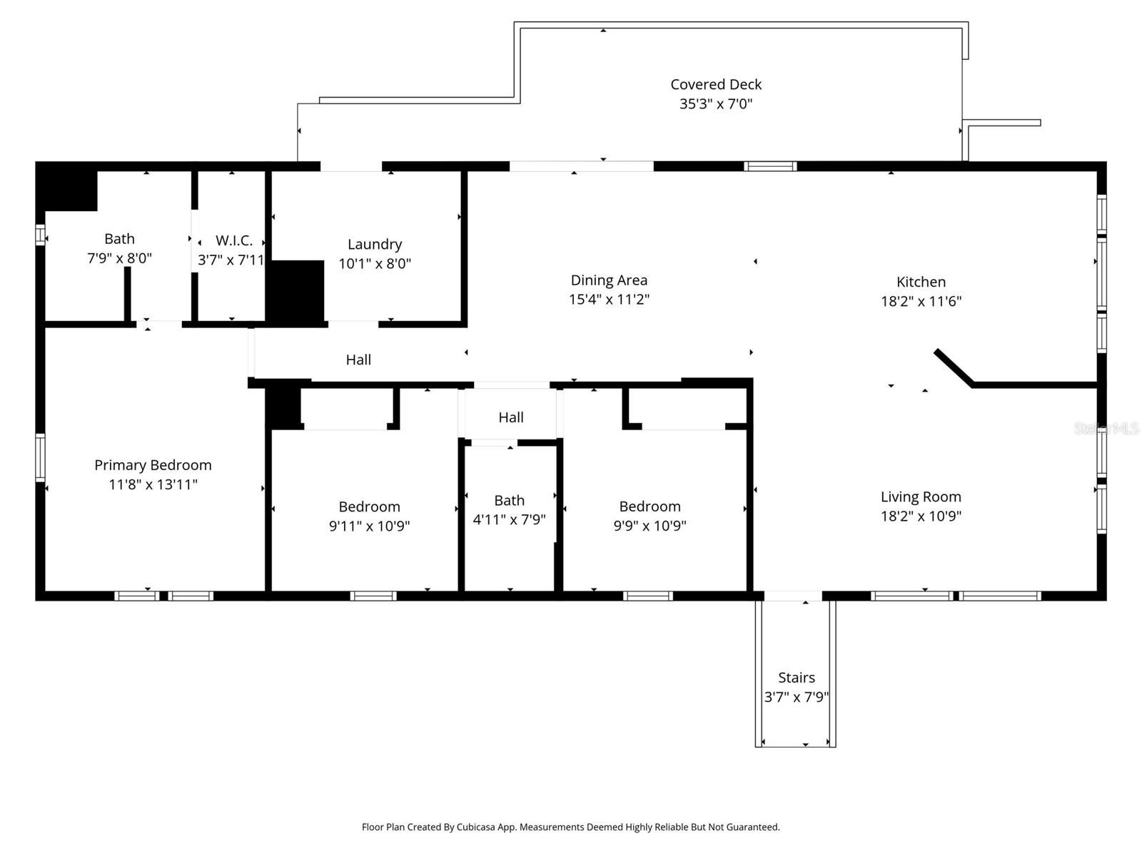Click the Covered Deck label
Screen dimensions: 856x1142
tap(716, 84)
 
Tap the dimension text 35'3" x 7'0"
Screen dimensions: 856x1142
tap(716, 104)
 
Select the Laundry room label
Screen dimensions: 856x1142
tap(375, 245)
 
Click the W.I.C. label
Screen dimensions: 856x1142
tap(233, 240)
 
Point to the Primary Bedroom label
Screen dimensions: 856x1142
tap(153, 465)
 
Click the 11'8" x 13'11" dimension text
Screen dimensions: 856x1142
tap(153, 485)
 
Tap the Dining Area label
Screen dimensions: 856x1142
tap(609, 280)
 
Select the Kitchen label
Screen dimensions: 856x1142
tap(921, 282)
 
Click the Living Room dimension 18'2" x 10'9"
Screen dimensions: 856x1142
tap(921, 516)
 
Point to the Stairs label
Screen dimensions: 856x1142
tap(796, 678)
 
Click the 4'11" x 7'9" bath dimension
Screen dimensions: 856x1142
tap(509, 520)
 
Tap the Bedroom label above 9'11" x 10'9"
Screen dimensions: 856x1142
tap(369, 506)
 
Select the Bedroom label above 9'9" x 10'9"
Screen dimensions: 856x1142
tap(650, 506)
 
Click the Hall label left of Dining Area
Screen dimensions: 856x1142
tap(358, 360)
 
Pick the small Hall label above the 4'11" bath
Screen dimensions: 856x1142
tap(510, 417)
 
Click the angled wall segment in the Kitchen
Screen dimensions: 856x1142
tap(953, 367)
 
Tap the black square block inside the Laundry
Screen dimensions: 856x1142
tap(296, 291)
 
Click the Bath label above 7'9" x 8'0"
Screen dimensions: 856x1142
tap(119, 239)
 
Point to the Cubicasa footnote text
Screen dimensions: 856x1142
tap(570, 827)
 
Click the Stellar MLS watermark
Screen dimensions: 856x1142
tap(1106, 429)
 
